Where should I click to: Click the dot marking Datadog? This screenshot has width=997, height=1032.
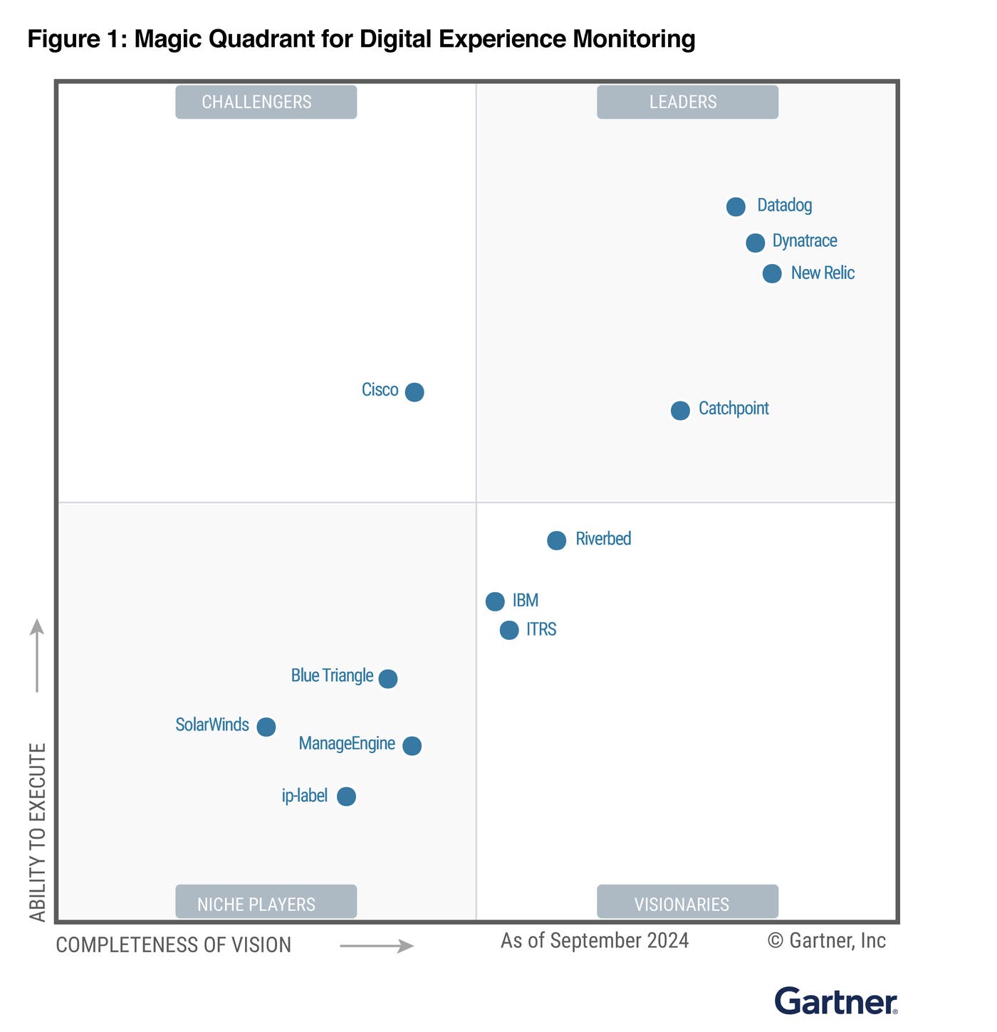pyautogui.click(x=736, y=206)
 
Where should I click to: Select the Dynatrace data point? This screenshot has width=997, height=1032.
pyautogui.click(x=755, y=243)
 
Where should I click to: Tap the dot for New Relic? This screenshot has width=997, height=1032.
pyautogui.click(x=772, y=273)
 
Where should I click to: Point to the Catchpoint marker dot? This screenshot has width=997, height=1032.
pyautogui.click(x=680, y=411)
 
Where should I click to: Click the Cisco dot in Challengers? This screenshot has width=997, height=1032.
pyautogui.click(x=414, y=392)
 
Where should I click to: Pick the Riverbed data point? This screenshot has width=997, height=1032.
pyautogui.click(x=556, y=540)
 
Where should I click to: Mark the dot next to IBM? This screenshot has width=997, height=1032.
pyautogui.click(x=495, y=601)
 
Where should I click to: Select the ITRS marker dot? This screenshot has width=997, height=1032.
pyautogui.click(x=509, y=630)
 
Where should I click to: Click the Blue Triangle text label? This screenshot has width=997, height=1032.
pyautogui.click(x=332, y=675)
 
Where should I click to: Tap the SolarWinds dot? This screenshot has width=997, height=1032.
pyautogui.click(x=266, y=727)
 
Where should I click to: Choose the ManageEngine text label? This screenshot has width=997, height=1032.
pyautogui.click(x=347, y=744)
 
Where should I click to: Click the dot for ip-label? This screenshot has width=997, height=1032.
pyautogui.click(x=346, y=796)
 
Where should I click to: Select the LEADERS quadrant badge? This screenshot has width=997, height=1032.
pyautogui.click(x=687, y=102)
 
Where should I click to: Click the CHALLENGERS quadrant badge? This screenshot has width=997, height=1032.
pyautogui.click(x=266, y=102)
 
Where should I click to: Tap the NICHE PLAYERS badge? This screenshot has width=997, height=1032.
pyautogui.click(x=266, y=902)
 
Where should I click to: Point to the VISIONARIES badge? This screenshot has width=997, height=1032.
pyautogui.click(x=687, y=902)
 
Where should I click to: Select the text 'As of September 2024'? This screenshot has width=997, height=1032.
pyautogui.click(x=595, y=941)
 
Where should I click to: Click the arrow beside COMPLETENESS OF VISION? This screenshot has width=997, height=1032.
pyautogui.click(x=377, y=946)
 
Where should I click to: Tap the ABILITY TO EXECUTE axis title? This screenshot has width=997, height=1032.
pyautogui.click(x=38, y=832)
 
